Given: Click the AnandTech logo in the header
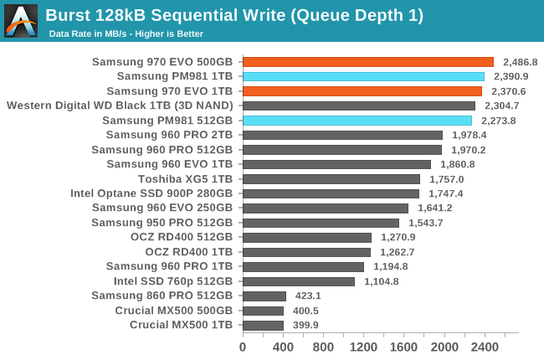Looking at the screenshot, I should pos(21,21).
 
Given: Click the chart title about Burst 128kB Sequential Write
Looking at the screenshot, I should pos(234,15).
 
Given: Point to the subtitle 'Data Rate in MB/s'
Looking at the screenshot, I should pos(126,33).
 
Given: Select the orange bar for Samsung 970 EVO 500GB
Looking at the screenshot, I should pos(368,62).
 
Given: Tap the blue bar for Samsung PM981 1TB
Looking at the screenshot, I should pos(363,76).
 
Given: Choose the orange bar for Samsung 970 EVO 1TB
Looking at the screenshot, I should pos(362,91).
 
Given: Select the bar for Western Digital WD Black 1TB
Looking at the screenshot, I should pos(359,105).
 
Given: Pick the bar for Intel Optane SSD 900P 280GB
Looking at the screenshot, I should pos(331,193).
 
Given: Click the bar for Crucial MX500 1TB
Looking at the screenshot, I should pos(263,325).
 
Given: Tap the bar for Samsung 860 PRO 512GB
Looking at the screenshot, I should pos(264,296).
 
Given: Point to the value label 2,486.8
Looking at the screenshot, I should pos(520,62).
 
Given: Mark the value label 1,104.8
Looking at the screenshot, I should pos(380,281).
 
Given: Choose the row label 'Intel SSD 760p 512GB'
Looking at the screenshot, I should pos(173,281).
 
